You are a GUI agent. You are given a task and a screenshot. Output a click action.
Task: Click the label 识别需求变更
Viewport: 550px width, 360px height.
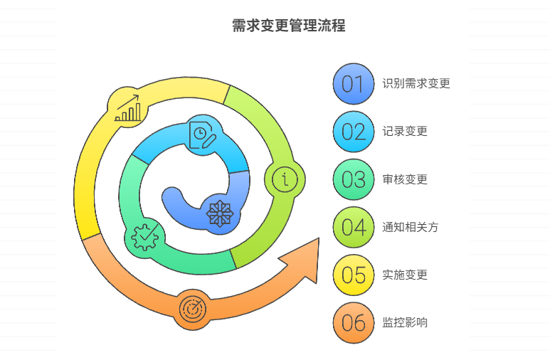pyautogui.click(x=416, y=84)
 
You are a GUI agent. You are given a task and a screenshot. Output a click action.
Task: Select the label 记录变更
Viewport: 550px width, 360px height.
pyautogui.click(x=405, y=132)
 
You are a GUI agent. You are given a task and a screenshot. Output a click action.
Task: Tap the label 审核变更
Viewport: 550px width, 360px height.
pyautogui.click(x=405, y=179)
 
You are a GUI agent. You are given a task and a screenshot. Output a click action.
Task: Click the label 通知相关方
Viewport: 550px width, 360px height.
pyautogui.click(x=411, y=228)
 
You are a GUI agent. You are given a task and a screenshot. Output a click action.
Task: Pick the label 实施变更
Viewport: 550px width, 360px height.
pyautogui.click(x=405, y=275)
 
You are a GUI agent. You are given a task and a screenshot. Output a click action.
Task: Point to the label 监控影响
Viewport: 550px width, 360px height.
pyautogui.click(x=405, y=323)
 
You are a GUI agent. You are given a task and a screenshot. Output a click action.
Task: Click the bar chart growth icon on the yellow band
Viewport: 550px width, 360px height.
pyautogui.click(x=128, y=108)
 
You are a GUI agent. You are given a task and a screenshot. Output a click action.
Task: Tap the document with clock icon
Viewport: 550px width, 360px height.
pyautogui.click(x=202, y=134)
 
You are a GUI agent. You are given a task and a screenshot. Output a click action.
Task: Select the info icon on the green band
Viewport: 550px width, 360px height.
pyautogui.click(x=285, y=179)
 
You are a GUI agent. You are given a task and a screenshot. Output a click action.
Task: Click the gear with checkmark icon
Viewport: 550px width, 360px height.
pyautogui.click(x=146, y=236)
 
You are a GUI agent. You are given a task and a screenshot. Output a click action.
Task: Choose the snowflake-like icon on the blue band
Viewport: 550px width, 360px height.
pyautogui.click(x=219, y=214)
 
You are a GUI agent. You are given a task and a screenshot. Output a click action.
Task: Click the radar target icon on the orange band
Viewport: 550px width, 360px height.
pyautogui.click(x=192, y=309)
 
